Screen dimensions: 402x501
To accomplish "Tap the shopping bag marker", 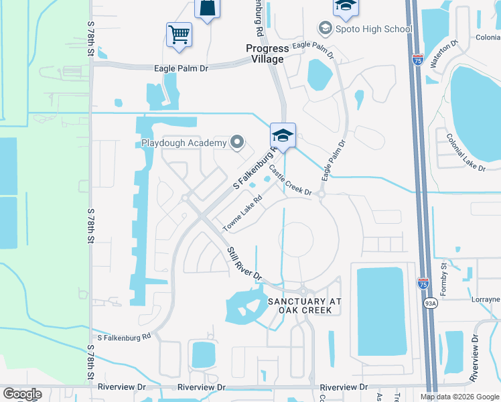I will pos(207,8).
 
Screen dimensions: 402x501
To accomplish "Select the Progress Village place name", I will pos(267,54).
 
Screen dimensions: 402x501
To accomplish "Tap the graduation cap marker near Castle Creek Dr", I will pos(283,136).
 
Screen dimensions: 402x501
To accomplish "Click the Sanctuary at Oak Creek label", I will pos(304,306).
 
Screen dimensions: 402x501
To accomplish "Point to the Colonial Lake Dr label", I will pos(465,152).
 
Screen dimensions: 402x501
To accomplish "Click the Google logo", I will pos(22,394).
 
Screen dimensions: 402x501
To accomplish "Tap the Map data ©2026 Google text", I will pos(459,397).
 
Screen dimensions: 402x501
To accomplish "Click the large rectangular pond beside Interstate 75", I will pos(381,310).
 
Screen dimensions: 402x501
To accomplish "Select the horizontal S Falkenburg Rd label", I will pos(124,338).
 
